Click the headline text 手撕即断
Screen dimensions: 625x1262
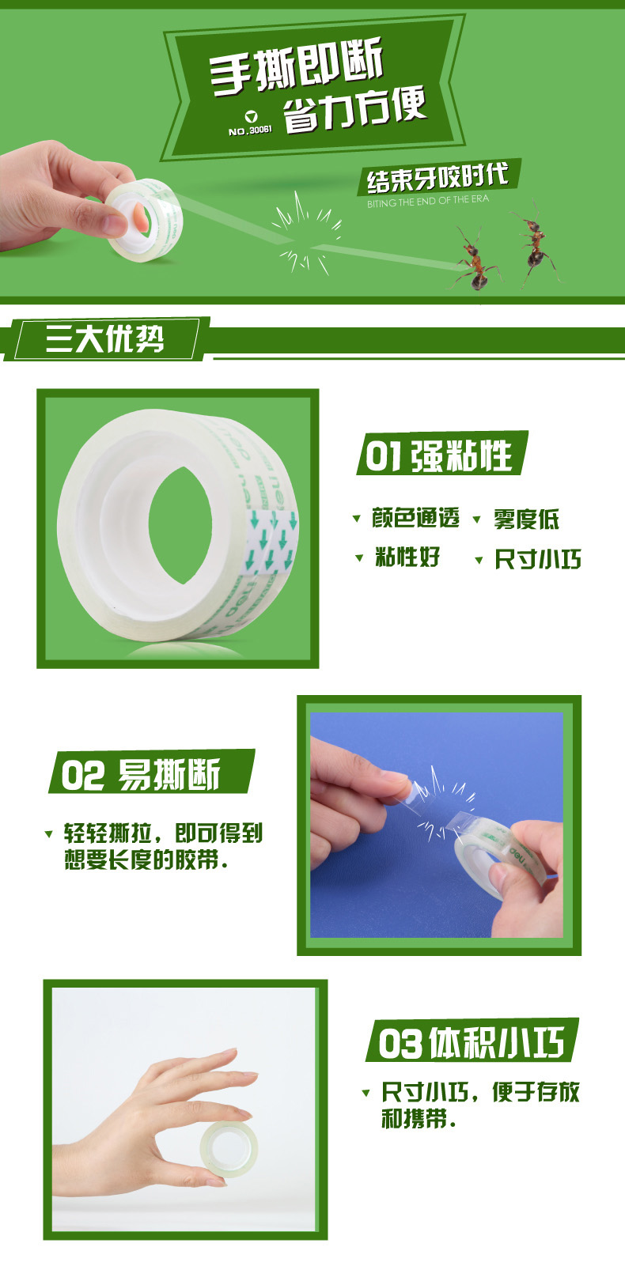click(297, 66)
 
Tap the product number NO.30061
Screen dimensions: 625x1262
click(250, 130)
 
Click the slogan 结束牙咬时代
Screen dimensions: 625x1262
click(437, 178)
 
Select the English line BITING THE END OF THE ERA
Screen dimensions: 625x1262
click(428, 201)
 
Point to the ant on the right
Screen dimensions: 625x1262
click(533, 244)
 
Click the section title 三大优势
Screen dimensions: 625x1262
click(105, 338)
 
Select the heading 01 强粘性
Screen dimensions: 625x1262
click(439, 454)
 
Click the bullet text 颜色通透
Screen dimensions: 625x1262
click(415, 518)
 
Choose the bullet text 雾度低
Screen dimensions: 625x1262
click(526, 519)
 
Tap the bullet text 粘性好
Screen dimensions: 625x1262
click(407, 557)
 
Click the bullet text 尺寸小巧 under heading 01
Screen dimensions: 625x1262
click(538, 560)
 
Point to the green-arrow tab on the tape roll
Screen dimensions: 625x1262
click(271, 542)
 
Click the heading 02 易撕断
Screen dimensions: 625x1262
click(140, 775)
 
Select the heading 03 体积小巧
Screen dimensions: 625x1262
click(471, 1043)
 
